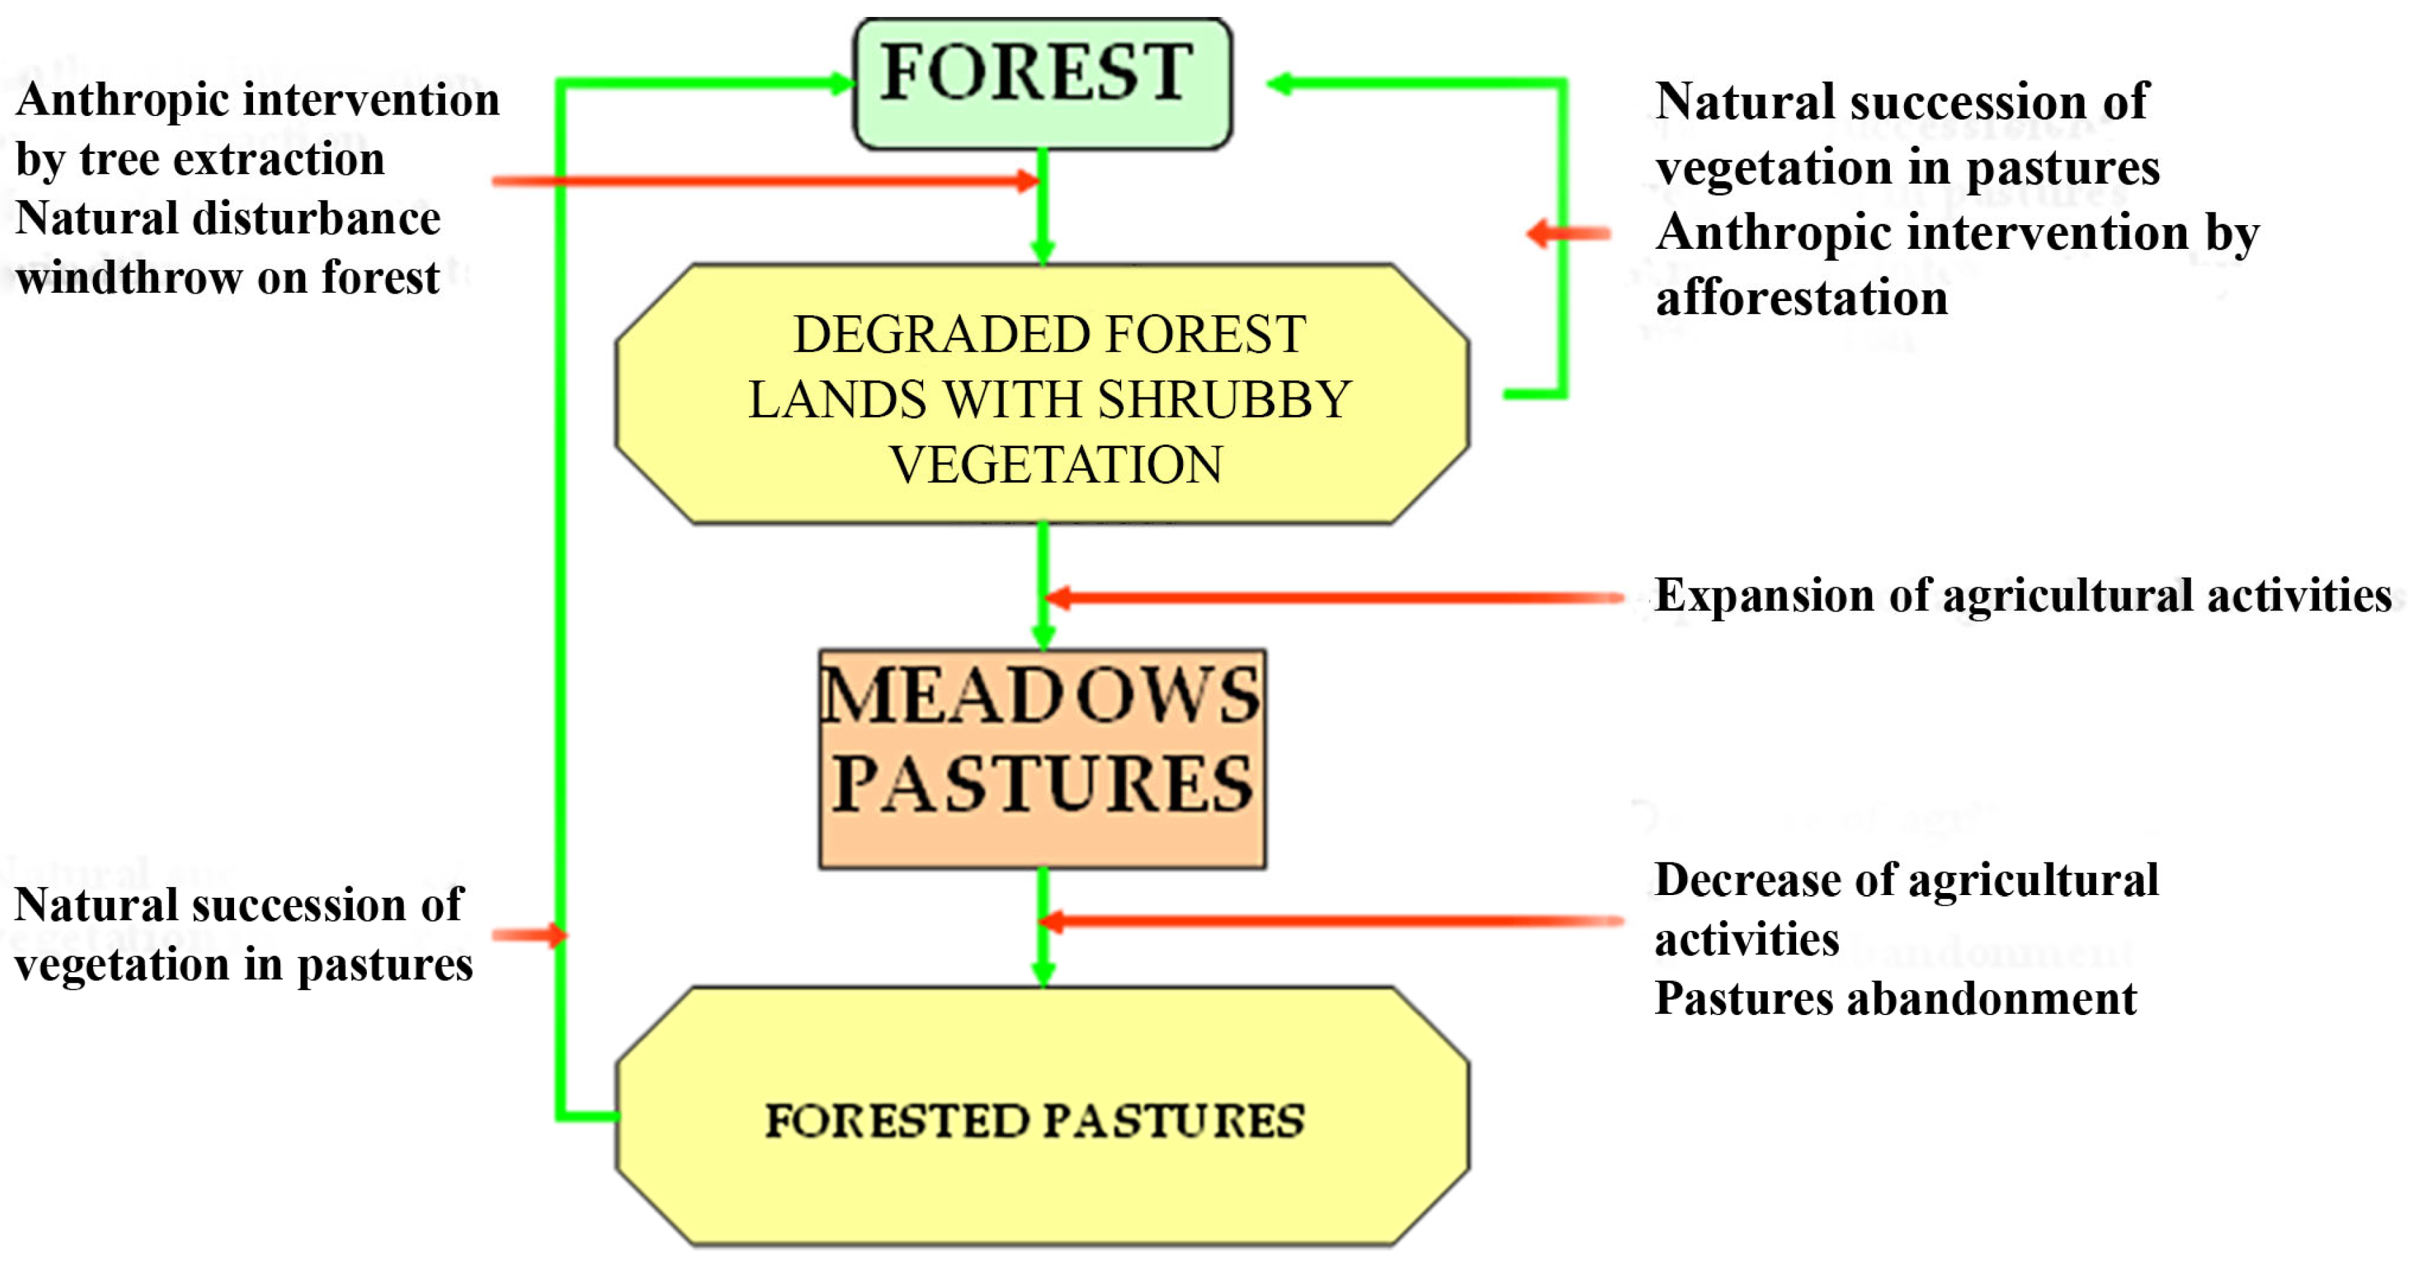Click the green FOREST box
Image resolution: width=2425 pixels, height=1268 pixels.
pyautogui.click(x=1042, y=83)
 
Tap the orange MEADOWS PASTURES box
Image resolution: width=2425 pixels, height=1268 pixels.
pyautogui.click(x=1042, y=759)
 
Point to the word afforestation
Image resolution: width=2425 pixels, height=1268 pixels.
pyautogui.click(x=1802, y=298)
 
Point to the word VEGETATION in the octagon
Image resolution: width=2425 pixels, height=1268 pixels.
pyautogui.click(x=1056, y=465)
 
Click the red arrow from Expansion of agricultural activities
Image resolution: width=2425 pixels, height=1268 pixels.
pyautogui.click(x=1335, y=597)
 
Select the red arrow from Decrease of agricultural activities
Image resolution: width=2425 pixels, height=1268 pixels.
pyautogui.click(x=1331, y=921)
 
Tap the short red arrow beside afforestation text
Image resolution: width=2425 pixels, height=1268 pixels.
pyautogui.click(x=1568, y=233)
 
